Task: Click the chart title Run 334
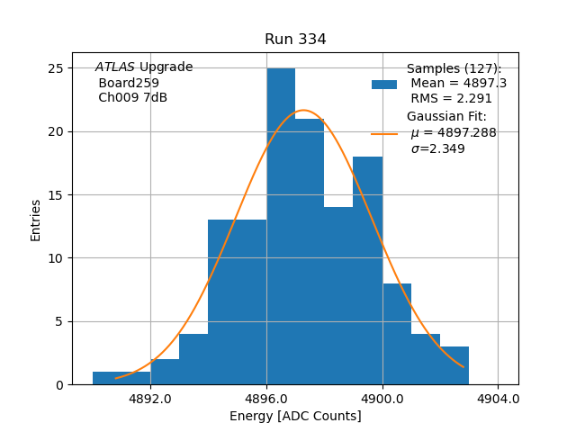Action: pos(295,40)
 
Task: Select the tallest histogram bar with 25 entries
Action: pos(281,226)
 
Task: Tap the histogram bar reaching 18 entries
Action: pos(367,270)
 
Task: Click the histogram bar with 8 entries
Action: pos(397,334)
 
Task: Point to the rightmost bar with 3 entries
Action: pos(454,365)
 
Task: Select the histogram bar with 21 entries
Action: pos(310,251)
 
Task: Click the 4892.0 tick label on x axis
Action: pos(150,399)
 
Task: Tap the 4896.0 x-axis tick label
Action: pos(266,399)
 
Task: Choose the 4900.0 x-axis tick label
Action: pos(382,399)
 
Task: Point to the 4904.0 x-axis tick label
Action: pos(498,399)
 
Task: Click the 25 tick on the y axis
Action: pos(56,68)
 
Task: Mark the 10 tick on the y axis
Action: pos(56,258)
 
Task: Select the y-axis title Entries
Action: pos(36,220)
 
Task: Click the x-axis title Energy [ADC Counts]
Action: pos(295,416)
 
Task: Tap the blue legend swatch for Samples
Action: pos(384,84)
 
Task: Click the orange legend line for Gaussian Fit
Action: pos(384,134)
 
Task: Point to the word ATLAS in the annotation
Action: pos(115,67)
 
